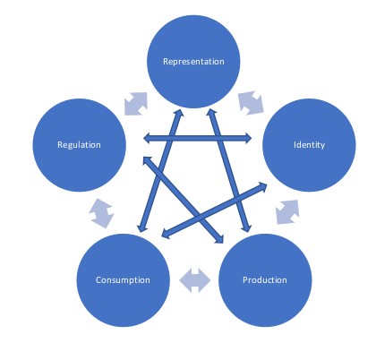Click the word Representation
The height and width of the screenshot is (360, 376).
coord(193,62)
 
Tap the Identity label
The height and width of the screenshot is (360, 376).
coord(309,145)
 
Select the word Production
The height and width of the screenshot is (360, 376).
coord(265,280)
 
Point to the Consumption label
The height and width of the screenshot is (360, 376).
coord(123,280)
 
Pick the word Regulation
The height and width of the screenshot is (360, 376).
coord(79,145)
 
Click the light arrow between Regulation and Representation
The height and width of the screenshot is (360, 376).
coord(136,104)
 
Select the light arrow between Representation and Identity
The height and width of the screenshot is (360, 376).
coord(251,103)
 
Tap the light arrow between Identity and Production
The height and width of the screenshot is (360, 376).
coord(287,212)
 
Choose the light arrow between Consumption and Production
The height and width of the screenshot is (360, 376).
coord(194,280)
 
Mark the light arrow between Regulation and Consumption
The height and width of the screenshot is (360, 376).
coord(101,213)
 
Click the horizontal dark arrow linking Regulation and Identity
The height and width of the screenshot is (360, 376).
coord(198,138)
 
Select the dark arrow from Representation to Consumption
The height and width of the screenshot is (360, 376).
coord(160,170)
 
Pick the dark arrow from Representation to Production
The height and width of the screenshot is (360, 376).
coord(228,170)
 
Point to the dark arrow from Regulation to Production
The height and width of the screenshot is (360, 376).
coord(184,200)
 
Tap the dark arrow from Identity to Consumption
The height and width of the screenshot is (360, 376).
coord(214,210)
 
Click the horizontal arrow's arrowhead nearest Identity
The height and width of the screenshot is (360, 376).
coord(248,138)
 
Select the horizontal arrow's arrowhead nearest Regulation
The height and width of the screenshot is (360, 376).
coord(147,138)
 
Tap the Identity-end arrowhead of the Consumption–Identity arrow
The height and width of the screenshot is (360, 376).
coord(263,185)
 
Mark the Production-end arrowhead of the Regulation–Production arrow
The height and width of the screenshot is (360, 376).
coord(220,240)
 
